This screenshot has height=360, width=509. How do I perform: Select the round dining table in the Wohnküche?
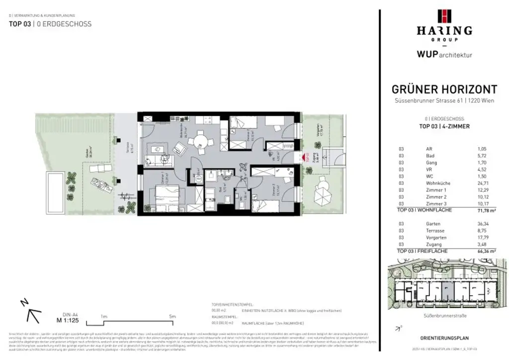point(200,140)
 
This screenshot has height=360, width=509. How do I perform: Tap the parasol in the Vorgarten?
point(323,190)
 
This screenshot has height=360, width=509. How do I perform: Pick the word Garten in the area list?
point(433,224)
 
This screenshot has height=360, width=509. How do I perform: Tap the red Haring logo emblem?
point(444,16)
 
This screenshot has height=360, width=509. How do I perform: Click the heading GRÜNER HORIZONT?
point(444,90)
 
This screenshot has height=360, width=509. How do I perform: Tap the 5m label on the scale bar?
point(172,316)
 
